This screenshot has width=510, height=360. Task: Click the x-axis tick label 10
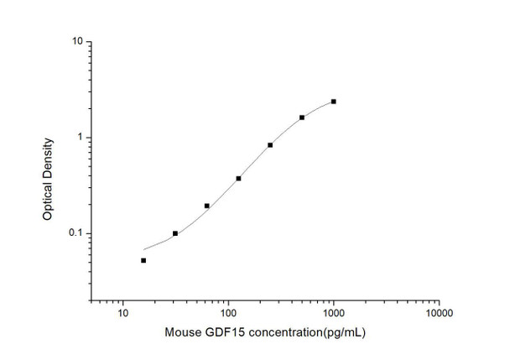coord(123,313)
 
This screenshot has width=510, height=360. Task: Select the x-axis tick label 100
coord(228,313)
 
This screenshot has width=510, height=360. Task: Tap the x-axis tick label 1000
coord(334,313)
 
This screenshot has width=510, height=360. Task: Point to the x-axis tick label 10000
coord(439,313)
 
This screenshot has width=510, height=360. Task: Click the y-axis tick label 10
coord(76,41)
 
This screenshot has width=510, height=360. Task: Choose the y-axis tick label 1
coord(79,138)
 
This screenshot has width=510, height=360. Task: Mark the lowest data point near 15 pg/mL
coord(143,260)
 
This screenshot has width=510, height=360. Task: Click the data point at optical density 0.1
coord(175,233)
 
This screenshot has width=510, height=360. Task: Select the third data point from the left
coord(207,206)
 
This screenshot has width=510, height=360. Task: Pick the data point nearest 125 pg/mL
coord(238,178)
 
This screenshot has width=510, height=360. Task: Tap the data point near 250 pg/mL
coord(270,145)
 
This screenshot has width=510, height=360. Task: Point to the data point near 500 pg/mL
coord(302,117)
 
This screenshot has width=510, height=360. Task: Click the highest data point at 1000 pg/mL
coord(334,102)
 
